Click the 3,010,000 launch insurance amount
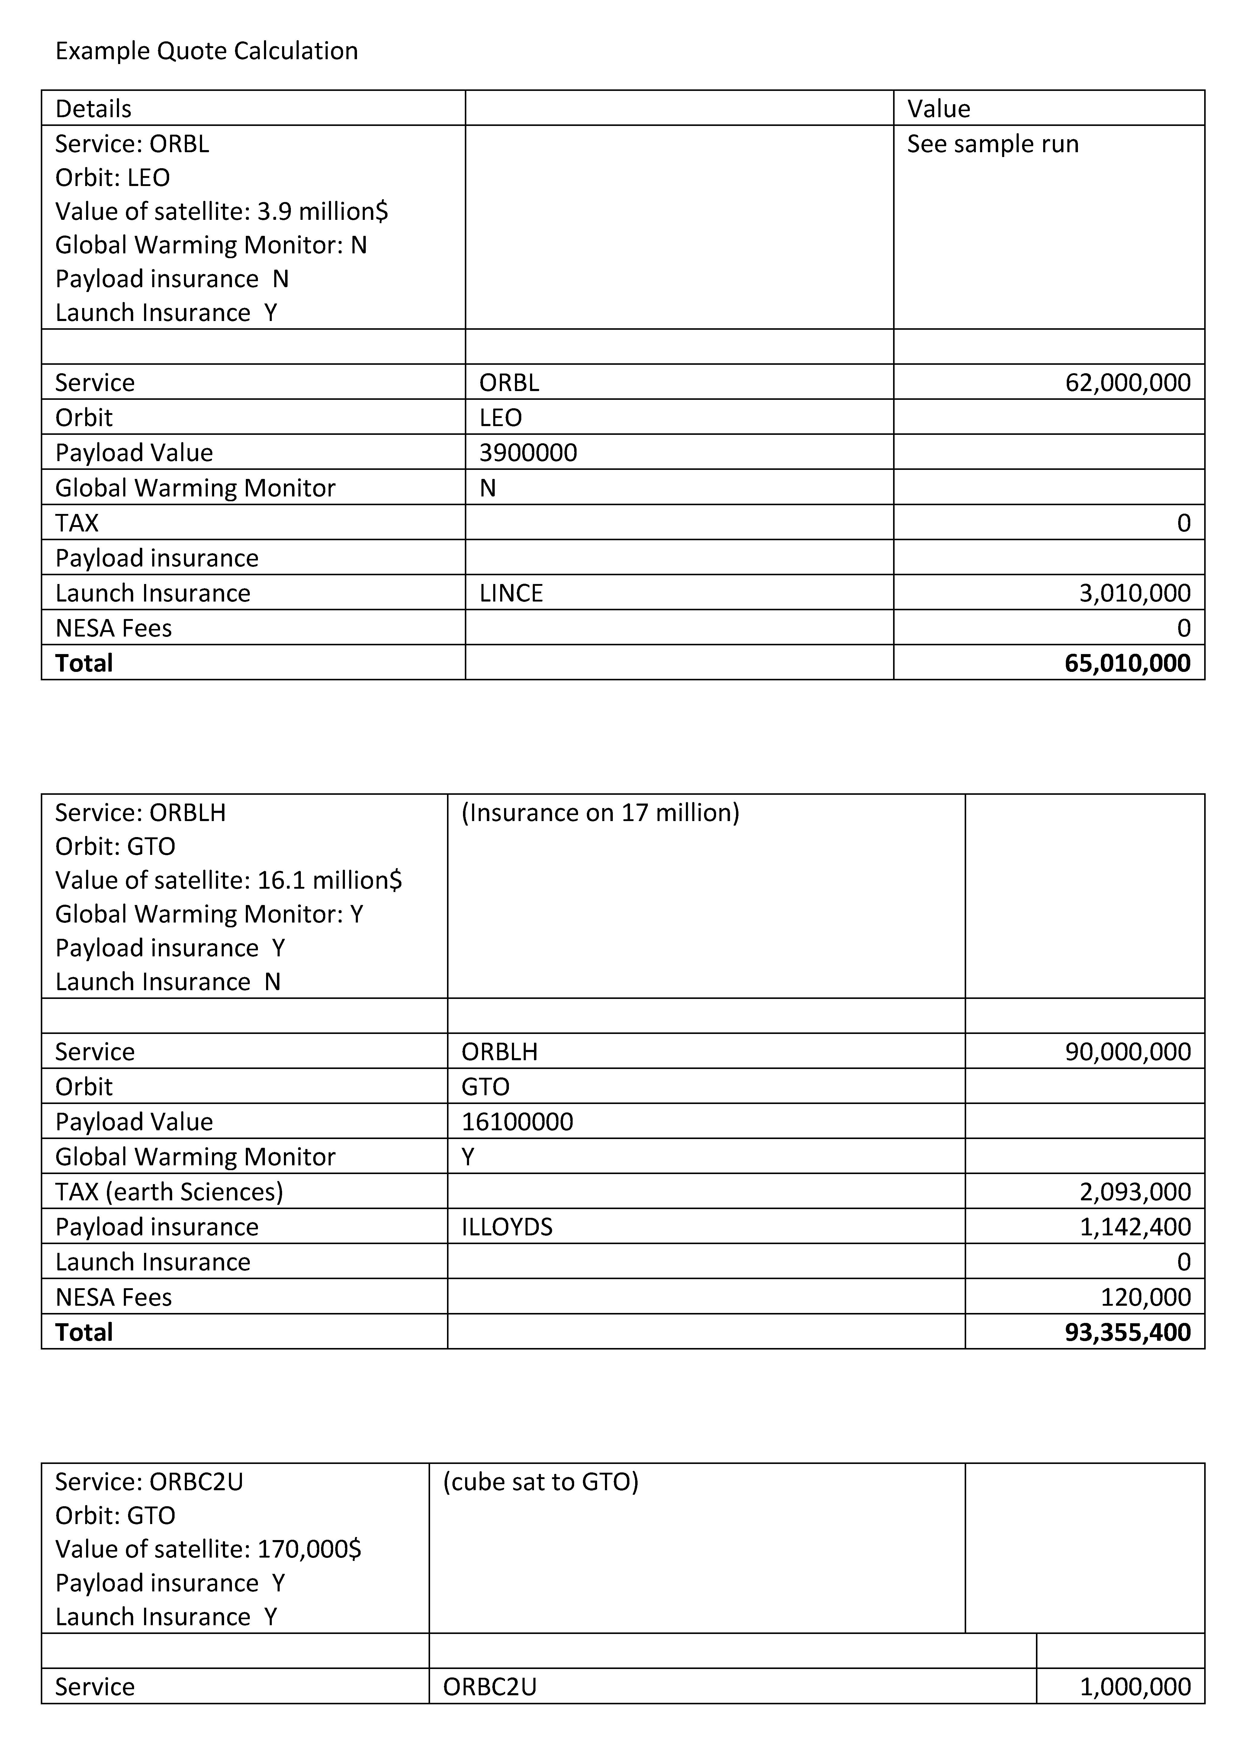pyautogui.click(x=1134, y=593)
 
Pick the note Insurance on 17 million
pyautogui.click(x=600, y=813)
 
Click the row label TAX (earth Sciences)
pyautogui.click(x=169, y=1192)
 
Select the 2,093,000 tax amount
pyautogui.click(x=1134, y=1192)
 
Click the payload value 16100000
pyautogui.click(x=517, y=1122)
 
